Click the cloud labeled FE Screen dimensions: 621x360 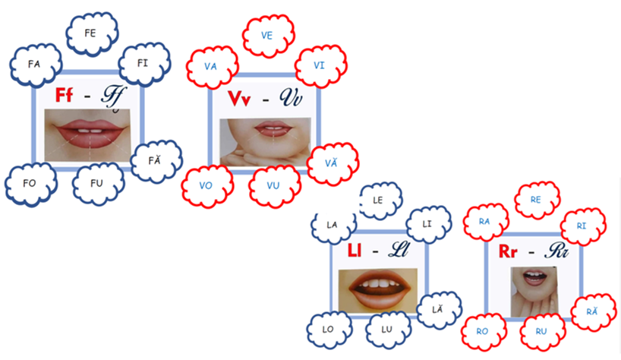point(92,33)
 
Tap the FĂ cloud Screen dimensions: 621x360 point(156,161)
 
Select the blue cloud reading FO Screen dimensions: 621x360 point(31,184)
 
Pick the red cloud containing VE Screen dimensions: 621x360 point(268,36)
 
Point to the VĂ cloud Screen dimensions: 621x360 point(333,163)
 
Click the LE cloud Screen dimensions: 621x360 point(380,201)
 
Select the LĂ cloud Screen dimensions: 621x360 point(440,310)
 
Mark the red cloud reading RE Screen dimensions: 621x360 point(537,200)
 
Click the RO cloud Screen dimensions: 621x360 point(484,332)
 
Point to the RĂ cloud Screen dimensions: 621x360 point(593,312)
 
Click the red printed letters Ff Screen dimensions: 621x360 point(64,96)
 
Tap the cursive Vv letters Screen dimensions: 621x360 point(291,98)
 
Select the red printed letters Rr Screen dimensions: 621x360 point(508,251)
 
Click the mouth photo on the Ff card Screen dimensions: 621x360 point(87,135)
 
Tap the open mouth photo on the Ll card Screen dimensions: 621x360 point(378,290)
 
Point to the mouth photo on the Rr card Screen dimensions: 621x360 point(534,292)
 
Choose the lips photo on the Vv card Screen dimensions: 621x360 point(264,142)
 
